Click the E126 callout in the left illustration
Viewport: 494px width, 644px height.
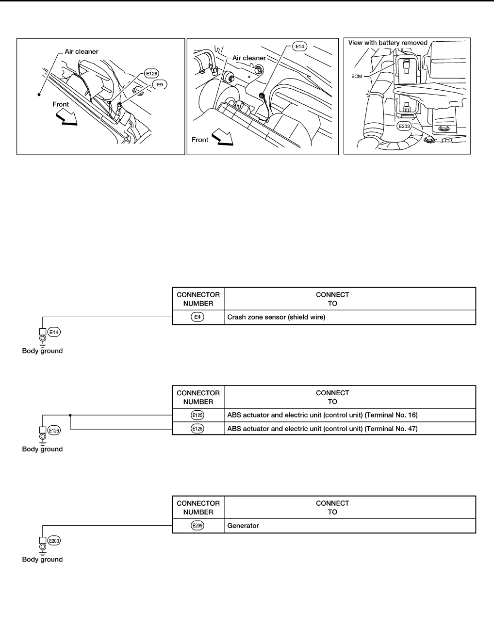151,74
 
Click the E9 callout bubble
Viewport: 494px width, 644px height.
159,84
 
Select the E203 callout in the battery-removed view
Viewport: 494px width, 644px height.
404,127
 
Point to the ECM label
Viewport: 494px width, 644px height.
357,76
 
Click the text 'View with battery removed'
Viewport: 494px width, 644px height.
388,43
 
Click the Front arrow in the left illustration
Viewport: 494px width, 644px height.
66,117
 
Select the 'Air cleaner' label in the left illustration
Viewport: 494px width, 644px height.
82,51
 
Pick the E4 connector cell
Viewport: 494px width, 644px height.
198,317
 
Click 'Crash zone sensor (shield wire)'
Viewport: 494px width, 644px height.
276,317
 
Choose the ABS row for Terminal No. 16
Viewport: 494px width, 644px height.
322,415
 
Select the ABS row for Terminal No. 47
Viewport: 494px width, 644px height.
322,429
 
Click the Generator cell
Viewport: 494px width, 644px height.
243,525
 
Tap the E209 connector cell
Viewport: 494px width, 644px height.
198,525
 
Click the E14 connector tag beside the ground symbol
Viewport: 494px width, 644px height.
54,332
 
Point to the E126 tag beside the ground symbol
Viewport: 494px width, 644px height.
54,430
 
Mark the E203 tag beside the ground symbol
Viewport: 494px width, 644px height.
54,541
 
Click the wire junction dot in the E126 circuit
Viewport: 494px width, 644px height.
71,415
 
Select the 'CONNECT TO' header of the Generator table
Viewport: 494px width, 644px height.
332,507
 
